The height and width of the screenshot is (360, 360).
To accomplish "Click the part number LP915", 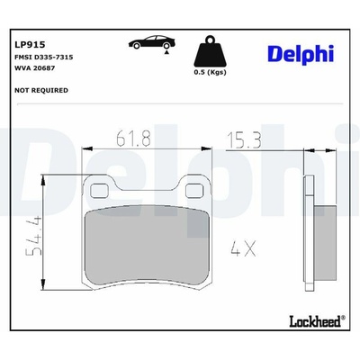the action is (x=30, y=45).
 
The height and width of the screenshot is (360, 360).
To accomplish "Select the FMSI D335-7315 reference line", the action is (x=44, y=57).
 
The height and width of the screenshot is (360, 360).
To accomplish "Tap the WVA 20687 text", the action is (x=35, y=68).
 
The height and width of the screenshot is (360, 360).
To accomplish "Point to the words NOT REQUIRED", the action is (x=41, y=90).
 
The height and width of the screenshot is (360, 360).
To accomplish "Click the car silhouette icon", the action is (x=152, y=42).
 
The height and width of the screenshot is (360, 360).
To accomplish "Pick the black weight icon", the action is (x=210, y=51).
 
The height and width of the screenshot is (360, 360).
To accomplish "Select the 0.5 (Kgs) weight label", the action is (x=210, y=72).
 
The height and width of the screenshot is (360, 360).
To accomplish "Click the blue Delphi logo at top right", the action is (x=301, y=54).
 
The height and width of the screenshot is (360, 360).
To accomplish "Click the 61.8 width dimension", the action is (x=133, y=139).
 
